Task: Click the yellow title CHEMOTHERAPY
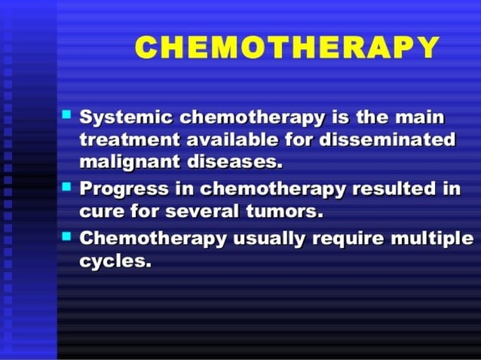click(x=286, y=48)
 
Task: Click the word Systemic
click(x=121, y=118)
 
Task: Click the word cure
click(x=101, y=211)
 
